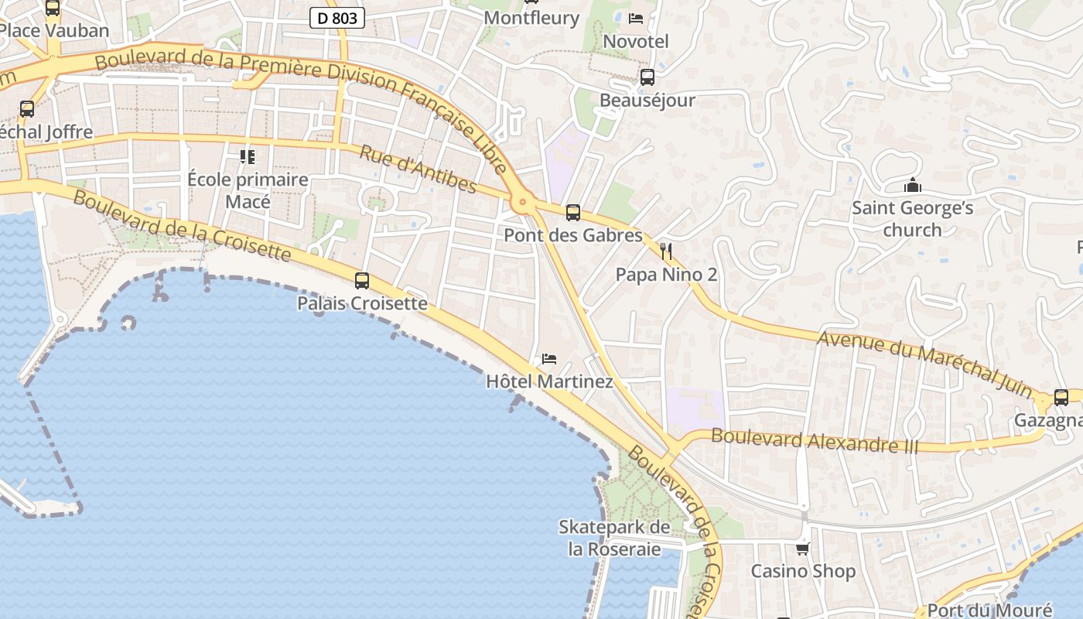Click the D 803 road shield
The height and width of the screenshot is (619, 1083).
(x=337, y=18)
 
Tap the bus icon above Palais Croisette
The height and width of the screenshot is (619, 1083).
(x=362, y=281)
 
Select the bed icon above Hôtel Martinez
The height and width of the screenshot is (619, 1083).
(x=549, y=358)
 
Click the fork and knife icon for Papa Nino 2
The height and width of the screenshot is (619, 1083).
(x=666, y=251)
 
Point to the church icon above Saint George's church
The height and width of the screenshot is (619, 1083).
(x=913, y=186)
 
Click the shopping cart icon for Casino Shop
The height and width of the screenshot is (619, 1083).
(x=803, y=549)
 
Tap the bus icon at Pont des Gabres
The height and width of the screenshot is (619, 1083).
(x=573, y=212)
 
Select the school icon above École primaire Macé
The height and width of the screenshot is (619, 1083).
(x=248, y=157)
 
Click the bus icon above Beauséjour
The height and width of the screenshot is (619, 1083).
(x=647, y=77)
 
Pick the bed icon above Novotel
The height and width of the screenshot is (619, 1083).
(x=636, y=19)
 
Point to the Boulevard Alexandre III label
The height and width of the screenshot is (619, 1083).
(x=815, y=441)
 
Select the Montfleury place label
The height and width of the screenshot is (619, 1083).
(x=531, y=18)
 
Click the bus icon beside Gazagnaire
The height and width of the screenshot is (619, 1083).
(x=1061, y=398)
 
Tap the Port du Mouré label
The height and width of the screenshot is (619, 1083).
(x=989, y=610)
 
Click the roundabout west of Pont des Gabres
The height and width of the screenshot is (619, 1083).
(x=523, y=203)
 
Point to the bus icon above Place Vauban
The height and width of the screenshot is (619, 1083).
(x=53, y=9)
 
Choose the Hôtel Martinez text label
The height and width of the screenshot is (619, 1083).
(x=549, y=381)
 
